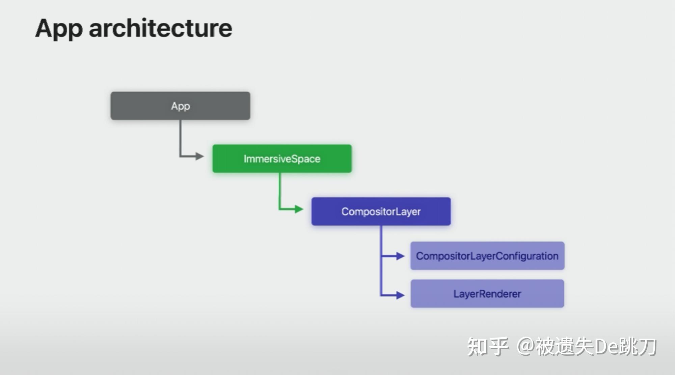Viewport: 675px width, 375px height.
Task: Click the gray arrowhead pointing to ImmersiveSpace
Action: pos(200,156)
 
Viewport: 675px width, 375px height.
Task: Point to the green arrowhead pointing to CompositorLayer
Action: pos(299,209)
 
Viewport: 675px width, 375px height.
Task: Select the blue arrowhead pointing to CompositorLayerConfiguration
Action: pos(400,256)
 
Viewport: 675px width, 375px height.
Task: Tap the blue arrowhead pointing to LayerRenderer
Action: pos(400,295)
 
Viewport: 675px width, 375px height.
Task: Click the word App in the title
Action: pos(59,29)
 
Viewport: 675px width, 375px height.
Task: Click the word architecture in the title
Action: pos(160,28)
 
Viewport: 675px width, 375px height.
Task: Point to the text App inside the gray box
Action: pos(180,106)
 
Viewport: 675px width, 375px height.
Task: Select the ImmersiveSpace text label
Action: pos(282,159)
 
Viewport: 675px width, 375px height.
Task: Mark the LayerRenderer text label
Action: pos(487,294)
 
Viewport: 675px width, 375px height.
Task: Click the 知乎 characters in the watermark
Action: pos(488,347)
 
